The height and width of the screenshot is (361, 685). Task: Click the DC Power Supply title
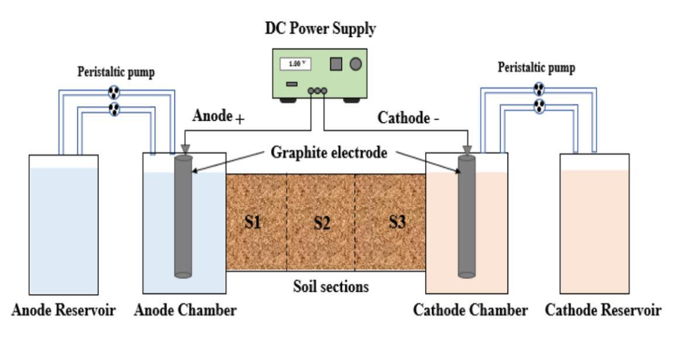click(x=320, y=28)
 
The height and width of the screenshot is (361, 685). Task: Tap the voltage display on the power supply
click(x=295, y=64)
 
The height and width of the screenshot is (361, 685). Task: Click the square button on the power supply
click(x=336, y=64)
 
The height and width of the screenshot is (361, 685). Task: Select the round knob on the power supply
click(x=355, y=64)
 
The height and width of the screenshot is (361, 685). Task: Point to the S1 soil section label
click(x=252, y=222)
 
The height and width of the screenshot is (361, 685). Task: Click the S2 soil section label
click(x=322, y=223)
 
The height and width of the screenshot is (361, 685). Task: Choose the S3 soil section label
click(x=397, y=222)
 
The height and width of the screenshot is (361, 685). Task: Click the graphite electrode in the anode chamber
click(x=183, y=216)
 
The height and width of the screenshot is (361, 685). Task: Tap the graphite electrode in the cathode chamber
click(x=467, y=216)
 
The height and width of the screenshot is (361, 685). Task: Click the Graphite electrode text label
click(x=329, y=152)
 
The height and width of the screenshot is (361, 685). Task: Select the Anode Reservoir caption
click(x=63, y=310)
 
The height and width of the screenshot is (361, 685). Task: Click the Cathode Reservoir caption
click(x=603, y=310)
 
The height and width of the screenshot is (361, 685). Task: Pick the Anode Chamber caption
click(x=185, y=310)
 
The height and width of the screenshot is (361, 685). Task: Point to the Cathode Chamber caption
click(x=470, y=310)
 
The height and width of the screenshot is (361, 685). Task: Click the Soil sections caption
click(x=331, y=287)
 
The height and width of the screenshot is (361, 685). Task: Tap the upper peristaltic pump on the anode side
click(x=114, y=92)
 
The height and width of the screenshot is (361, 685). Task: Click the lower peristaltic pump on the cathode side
click(x=540, y=105)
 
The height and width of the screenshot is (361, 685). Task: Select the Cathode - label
click(x=409, y=118)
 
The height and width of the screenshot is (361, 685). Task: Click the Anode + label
click(x=218, y=116)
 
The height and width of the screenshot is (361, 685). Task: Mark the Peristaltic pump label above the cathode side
click(x=536, y=68)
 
